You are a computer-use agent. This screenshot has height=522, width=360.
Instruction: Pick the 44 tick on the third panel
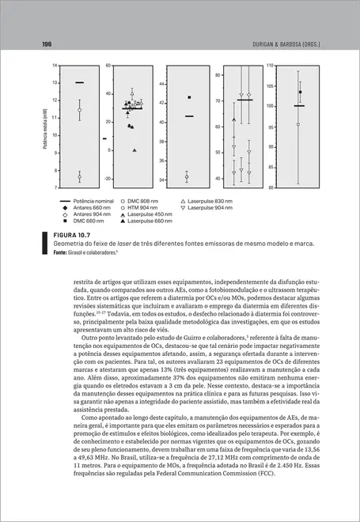(162, 84)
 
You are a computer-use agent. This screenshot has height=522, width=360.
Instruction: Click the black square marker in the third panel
(189, 97)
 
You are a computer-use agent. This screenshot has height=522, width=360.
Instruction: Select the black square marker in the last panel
(301, 93)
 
